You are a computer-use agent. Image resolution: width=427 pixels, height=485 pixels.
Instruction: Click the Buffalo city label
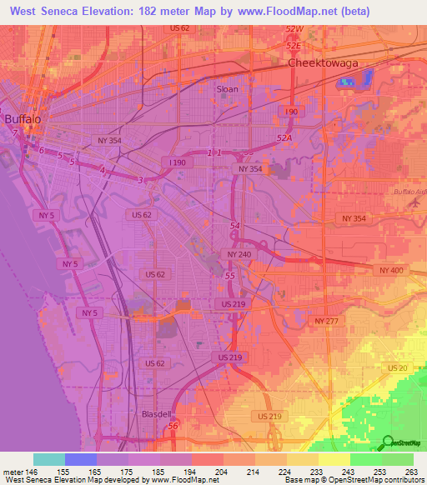pyautogui.click(x=23, y=119)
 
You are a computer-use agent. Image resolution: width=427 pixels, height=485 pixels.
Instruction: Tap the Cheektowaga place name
pyautogui.click(x=321, y=63)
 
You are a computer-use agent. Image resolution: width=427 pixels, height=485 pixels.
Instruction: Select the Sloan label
pyautogui.click(x=227, y=88)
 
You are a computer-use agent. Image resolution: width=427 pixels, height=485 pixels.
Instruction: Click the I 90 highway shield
pyautogui.click(x=290, y=111)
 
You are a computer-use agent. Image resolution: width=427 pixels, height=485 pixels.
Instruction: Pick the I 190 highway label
pyautogui.click(x=176, y=162)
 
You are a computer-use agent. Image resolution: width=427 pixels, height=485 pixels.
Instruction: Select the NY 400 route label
pyautogui.click(x=389, y=271)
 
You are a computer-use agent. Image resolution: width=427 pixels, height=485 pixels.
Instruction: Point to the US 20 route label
pyautogui.click(x=397, y=367)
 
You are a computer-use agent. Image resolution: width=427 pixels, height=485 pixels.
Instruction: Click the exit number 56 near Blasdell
pyautogui.click(x=173, y=427)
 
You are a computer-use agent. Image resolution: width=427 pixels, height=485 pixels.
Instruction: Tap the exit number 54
pyautogui.click(x=235, y=226)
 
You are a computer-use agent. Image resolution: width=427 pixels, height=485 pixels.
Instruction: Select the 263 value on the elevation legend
pyautogui.click(x=412, y=472)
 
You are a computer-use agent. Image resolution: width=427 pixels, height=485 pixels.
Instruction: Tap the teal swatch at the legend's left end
pyautogui.click(x=48, y=459)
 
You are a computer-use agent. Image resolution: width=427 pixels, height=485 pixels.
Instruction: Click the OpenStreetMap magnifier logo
pyautogui.click(x=387, y=442)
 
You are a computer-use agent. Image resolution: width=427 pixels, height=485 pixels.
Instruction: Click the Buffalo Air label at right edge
pyautogui.click(x=409, y=192)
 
